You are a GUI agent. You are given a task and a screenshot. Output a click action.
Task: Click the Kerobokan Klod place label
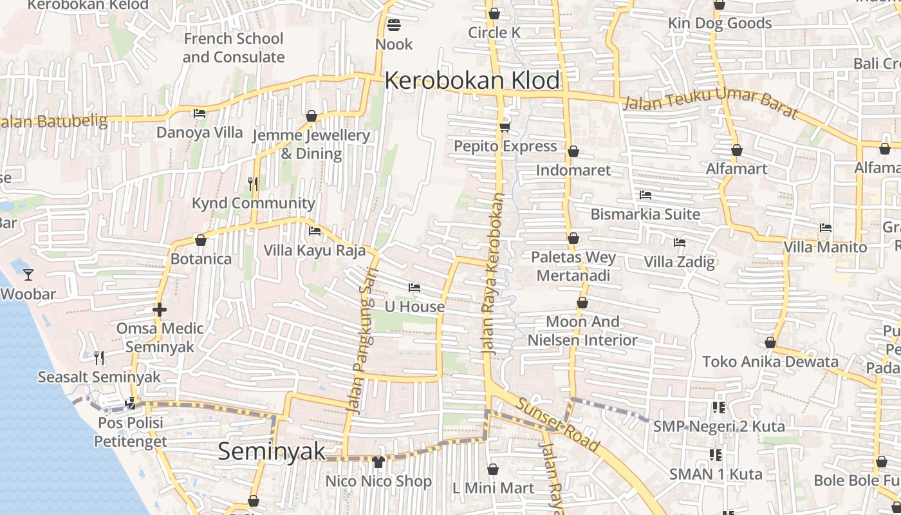472,81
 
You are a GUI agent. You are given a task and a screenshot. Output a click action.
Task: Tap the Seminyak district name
272,451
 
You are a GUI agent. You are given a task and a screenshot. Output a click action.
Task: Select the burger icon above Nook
394,25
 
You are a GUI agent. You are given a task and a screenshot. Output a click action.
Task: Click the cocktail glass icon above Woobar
28,275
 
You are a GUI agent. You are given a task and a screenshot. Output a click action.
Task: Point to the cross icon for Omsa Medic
160,310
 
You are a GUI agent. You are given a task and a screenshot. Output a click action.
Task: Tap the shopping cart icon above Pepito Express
505,127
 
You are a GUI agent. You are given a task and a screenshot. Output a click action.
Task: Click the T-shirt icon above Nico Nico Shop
378,462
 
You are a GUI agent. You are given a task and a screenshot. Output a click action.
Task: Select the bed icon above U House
414,287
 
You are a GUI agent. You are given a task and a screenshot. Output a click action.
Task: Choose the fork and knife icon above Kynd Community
253,184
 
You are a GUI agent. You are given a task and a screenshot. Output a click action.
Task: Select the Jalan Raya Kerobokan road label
494,274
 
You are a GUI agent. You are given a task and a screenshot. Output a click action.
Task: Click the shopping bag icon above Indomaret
573,152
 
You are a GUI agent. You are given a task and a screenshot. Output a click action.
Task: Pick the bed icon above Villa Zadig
679,243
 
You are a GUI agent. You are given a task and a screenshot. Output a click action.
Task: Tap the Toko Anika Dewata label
770,362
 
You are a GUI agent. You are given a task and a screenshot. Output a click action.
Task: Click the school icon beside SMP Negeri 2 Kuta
718,407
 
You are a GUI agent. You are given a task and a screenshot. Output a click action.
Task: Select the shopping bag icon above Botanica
201,240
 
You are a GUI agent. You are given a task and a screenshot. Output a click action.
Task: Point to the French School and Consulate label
233,48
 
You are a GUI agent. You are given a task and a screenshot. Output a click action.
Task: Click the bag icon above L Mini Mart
493,469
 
